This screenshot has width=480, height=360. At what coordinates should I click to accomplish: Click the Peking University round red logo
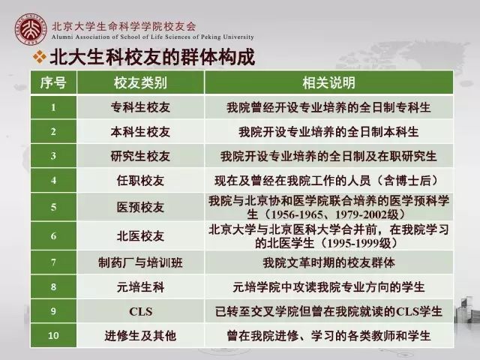click(31, 29)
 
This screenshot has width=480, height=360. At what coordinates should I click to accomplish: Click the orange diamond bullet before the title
click(40, 57)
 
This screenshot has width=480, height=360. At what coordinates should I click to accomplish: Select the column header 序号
click(53, 82)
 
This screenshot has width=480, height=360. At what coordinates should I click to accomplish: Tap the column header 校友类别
click(140, 82)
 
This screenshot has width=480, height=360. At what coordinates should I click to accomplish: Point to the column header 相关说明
click(328, 82)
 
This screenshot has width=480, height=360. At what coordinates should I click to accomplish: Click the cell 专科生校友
click(140, 107)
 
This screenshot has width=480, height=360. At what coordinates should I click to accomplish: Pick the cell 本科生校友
click(140, 132)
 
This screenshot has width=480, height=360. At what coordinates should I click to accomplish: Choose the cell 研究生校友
click(140, 156)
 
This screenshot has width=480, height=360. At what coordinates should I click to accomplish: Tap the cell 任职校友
click(140, 181)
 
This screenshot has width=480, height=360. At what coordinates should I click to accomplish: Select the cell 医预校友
click(140, 207)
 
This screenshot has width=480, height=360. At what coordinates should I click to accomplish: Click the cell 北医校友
click(140, 236)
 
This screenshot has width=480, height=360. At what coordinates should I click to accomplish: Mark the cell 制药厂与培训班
click(140, 262)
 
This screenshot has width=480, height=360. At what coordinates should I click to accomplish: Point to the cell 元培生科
click(140, 287)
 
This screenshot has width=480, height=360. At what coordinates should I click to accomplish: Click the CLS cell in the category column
click(140, 311)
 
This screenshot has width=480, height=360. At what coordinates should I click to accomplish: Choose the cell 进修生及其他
click(140, 336)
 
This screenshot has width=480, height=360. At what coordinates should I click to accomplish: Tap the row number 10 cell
click(53, 336)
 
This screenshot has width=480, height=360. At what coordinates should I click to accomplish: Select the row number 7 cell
click(53, 262)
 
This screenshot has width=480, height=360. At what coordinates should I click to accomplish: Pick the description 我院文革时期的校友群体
click(328, 262)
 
